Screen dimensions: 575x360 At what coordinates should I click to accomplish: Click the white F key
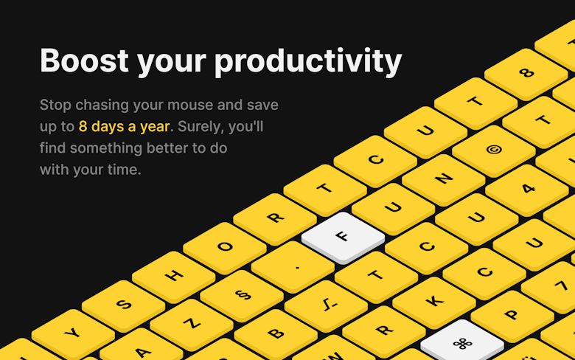click(x=343, y=238)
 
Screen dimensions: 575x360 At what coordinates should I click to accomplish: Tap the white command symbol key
click(x=462, y=342)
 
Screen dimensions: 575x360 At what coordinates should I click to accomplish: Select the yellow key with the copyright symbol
click(x=494, y=150)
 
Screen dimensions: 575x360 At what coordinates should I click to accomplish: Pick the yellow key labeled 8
click(x=526, y=74)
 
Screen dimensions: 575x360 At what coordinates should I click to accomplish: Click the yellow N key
click(x=443, y=179)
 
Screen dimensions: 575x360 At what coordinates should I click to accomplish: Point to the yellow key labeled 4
click(x=527, y=190)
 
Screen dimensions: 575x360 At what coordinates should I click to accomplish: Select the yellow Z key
click(x=192, y=325)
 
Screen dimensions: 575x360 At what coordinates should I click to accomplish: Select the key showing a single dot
click(x=293, y=267)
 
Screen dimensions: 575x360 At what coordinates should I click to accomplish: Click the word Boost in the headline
click(x=84, y=60)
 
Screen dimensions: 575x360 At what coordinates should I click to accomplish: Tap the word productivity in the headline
click(x=308, y=62)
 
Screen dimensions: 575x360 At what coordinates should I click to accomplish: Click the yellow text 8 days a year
click(x=124, y=127)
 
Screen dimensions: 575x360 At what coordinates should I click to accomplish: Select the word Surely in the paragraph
click(x=201, y=127)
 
